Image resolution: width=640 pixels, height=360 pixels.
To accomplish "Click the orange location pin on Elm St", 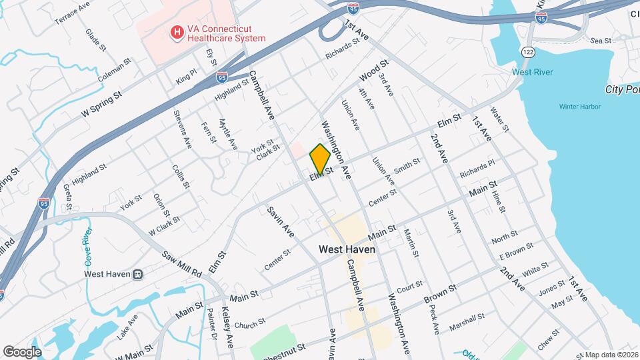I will coord(320,159).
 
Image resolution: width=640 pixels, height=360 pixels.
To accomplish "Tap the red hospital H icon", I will coord(177,32).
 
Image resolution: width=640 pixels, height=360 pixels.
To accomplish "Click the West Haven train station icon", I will coord(137,273).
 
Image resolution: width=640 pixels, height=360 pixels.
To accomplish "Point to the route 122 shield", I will coord(529,52).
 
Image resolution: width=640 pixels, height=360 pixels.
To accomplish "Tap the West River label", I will coord(532,72).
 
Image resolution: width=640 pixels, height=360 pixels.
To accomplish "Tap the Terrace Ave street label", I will coord(72,12).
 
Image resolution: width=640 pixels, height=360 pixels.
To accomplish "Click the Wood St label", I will coord(374,70).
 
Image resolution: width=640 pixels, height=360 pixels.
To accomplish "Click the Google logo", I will coord(22,352).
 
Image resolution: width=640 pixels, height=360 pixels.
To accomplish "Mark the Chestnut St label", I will coord(284,349).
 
